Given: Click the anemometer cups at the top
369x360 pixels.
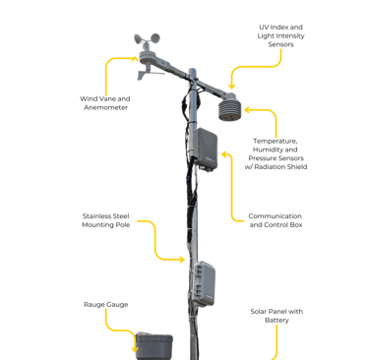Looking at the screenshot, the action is [x=147, y=39].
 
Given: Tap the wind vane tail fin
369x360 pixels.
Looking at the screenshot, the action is [x=142, y=76].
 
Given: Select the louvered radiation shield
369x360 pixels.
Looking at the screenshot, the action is [x=229, y=107].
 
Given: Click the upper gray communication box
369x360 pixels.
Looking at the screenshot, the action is [x=205, y=149].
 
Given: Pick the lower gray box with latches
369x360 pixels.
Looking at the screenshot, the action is [x=204, y=283].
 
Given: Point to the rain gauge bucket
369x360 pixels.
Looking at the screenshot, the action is [x=154, y=346].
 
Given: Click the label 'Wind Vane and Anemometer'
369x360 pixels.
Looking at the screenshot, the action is [x=105, y=103].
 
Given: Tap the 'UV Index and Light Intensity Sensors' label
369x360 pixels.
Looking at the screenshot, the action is [x=280, y=35].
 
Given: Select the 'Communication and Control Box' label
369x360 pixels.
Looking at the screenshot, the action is [x=276, y=220].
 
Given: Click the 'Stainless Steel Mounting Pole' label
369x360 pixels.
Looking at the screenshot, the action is [x=105, y=220].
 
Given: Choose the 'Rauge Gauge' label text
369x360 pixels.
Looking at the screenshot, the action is [x=105, y=305].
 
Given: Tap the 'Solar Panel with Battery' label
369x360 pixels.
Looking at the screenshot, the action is [x=277, y=316].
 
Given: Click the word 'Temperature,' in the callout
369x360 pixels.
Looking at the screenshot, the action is [x=276, y=141].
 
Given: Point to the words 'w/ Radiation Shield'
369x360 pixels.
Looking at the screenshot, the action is [x=276, y=167].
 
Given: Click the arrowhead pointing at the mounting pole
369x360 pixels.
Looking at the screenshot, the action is [x=181, y=260].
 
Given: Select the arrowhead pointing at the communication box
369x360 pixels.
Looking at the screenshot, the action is [x=225, y=154].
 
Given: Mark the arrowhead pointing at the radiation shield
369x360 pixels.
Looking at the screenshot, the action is [x=248, y=110].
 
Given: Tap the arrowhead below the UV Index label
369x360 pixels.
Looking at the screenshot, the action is [x=231, y=86].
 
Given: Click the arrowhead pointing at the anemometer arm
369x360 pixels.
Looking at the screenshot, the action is [x=135, y=59].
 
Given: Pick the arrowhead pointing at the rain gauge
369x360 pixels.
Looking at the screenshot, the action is [x=135, y=349].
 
